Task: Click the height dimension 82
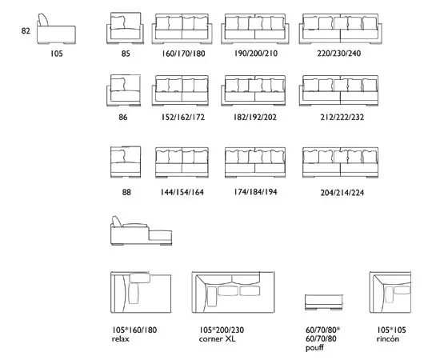pos(26,30)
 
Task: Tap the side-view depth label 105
pos(57,54)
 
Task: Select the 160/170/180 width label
pos(183,54)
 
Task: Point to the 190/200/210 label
pos(256,53)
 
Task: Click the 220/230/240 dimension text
pos(339,53)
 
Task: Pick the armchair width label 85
pos(126,54)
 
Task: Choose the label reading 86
pos(123,117)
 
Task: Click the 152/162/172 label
pos(182,117)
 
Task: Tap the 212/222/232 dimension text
pos(342,117)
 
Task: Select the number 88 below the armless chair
pos(126,192)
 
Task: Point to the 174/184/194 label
pos(255,192)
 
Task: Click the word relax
pos(121,339)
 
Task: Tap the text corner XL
pos(217,339)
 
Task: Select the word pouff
pos(315,348)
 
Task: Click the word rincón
pos(387,338)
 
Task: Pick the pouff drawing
pos(324,302)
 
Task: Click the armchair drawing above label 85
pos(125,28)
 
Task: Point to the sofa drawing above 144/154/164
pos(182,162)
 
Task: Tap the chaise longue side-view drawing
pos(141,230)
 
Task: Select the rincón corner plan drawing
pos(390,292)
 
